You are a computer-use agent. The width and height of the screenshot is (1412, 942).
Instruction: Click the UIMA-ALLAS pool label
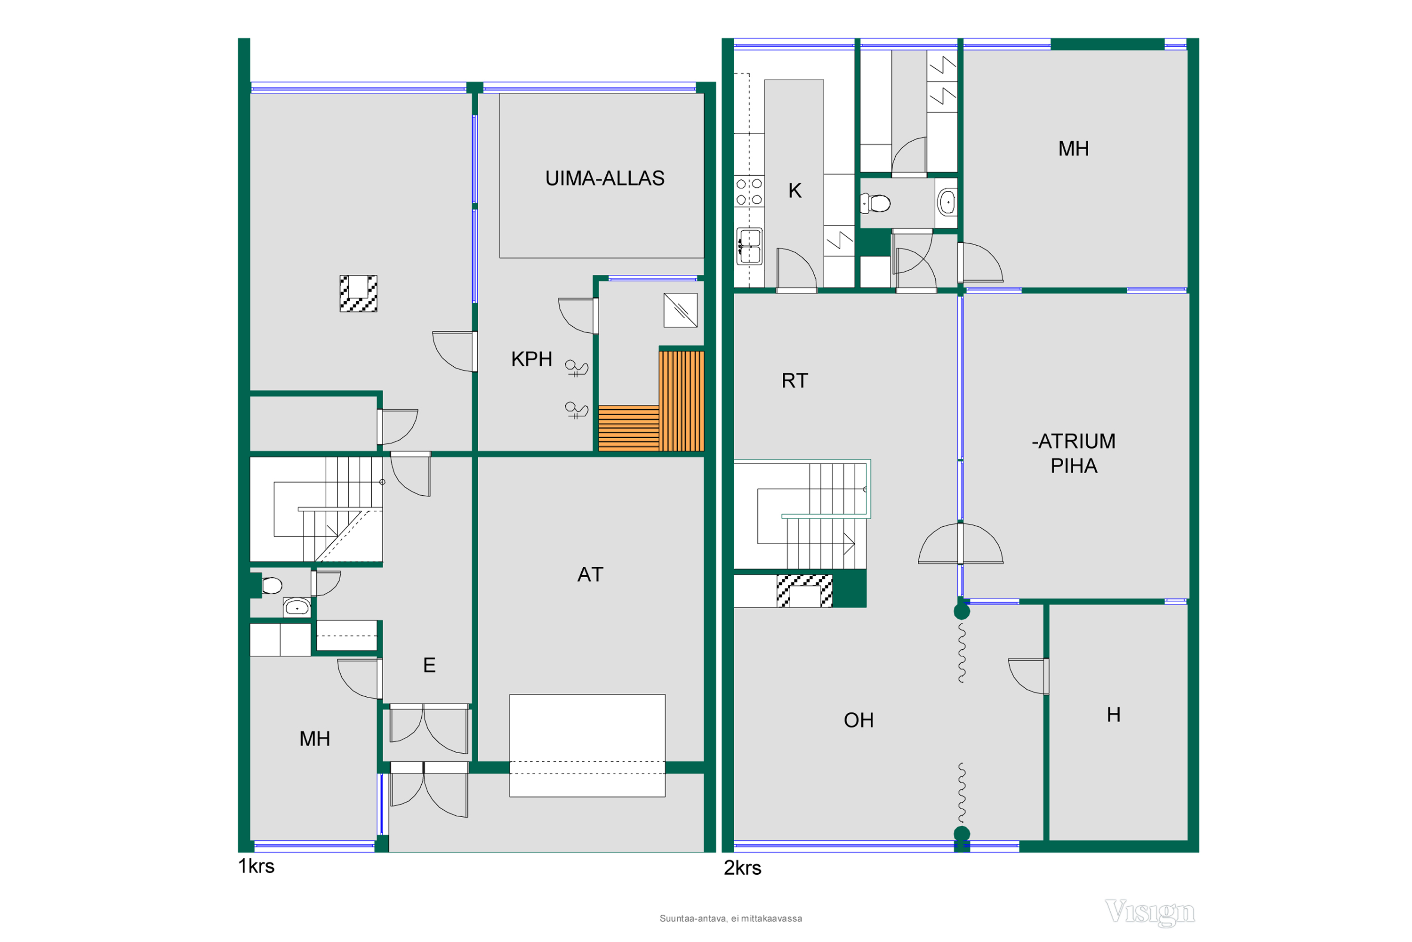(605, 178)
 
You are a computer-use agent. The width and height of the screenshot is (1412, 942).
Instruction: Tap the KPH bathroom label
(531, 359)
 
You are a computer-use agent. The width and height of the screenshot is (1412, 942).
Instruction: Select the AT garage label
(590, 575)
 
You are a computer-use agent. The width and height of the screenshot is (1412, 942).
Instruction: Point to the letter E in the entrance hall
(429, 665)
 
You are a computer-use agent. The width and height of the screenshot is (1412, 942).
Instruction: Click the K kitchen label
(794, 191)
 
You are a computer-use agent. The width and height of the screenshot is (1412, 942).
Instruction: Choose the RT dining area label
(794, 381)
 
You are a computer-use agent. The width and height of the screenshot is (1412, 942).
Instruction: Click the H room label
(1114, 715)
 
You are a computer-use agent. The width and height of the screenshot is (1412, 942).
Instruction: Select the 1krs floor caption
(256, 866)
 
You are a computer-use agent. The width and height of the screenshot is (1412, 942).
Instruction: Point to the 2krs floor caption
(742, 868)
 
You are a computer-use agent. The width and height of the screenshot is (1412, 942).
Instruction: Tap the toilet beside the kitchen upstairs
(875, 203)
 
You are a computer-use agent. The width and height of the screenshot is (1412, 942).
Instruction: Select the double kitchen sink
(750, 246)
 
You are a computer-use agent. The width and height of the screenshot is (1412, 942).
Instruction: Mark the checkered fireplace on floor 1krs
(359, 294)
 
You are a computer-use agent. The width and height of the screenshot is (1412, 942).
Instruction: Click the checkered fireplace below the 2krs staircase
(804, 591)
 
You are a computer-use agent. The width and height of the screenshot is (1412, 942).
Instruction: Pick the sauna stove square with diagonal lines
(681, 310)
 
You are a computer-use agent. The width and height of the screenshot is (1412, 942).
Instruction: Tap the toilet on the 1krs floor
(272, 585)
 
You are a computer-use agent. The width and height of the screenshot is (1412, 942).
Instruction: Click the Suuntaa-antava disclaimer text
(731, 918)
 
